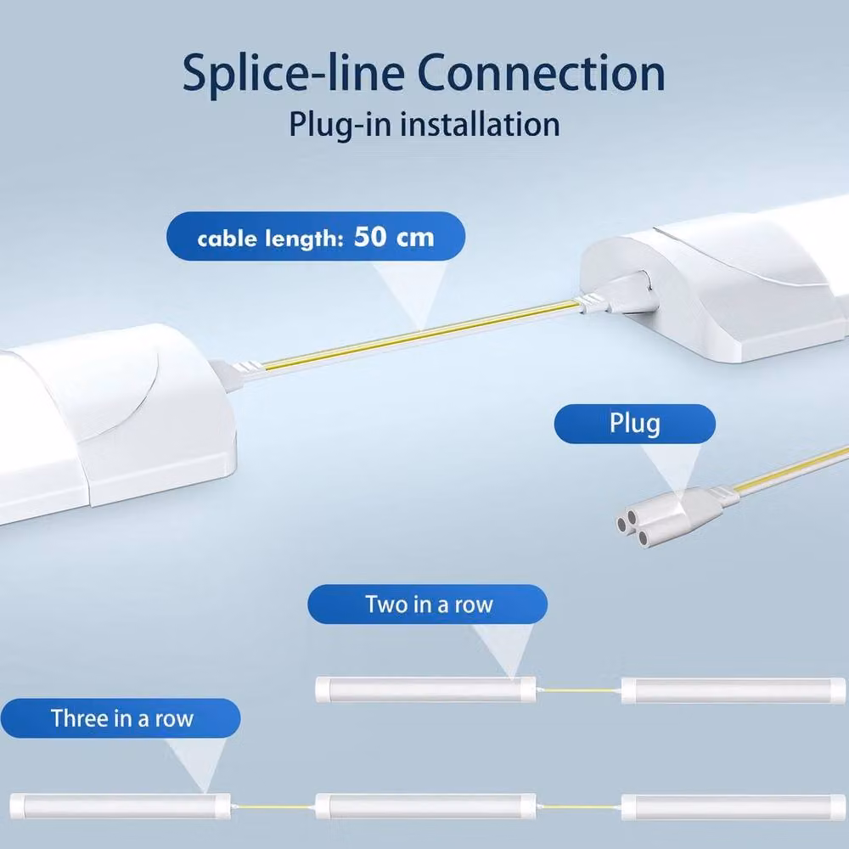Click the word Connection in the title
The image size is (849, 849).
pos(541,73)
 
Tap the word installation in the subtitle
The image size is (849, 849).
pos(480,125)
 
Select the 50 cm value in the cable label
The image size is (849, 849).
pos(394,237)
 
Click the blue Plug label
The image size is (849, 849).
pos(634,424)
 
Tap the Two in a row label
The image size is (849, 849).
pos(428,604)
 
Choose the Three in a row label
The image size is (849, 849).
pos(121,718)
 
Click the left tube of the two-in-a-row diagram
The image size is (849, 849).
pos(425,689)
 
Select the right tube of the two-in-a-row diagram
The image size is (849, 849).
pos(734,690)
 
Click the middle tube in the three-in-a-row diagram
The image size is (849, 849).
pos(425,807)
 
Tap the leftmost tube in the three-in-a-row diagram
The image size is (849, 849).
pos(121,807)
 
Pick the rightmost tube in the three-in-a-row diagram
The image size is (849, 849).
pos(734,807)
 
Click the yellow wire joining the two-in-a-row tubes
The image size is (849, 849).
pos(579,690)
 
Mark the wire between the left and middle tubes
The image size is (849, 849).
pos(273,807)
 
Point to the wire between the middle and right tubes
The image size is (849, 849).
pos(579,807)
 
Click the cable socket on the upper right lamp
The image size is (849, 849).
pos(622,295)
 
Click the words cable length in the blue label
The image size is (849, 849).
pos(270,239)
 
